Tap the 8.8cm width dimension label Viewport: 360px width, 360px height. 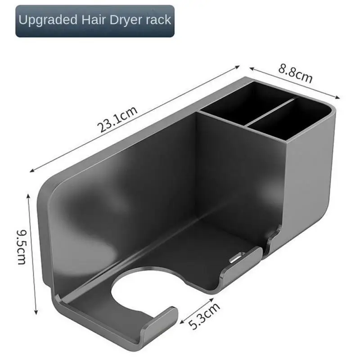(x=295, y=73)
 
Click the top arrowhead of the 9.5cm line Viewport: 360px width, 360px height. (x=30, y=194)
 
